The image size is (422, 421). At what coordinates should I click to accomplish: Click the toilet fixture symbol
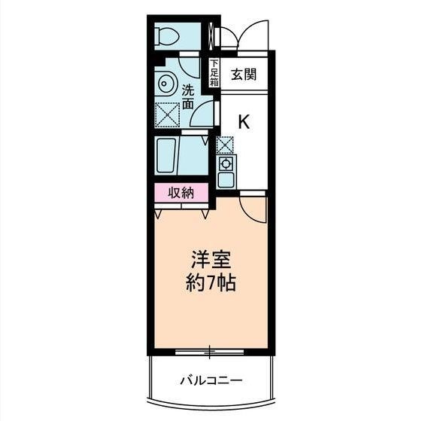tap(167, 37)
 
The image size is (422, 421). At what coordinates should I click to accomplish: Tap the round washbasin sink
tap(164, 84)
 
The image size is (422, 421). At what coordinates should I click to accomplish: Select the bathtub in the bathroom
tap(166, 155)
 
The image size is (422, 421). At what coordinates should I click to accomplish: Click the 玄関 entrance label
tap(244, 74)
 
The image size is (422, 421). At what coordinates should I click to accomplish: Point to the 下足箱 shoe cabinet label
tap(214, 73)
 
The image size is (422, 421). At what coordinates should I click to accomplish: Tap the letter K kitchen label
tap(244, 121)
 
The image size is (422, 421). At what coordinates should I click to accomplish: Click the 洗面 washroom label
tap(188, 96)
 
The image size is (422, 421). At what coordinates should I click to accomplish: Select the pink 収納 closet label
tap(181, 193)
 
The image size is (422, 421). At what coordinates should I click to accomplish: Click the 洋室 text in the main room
tap(211, 260)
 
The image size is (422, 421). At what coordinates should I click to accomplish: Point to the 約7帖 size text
tap(211, 282)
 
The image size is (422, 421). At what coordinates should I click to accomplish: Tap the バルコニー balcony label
tap(211, 380)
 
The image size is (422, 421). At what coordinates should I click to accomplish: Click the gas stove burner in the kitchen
tap(226, 163)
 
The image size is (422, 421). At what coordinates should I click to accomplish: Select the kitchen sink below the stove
tap(226, 179)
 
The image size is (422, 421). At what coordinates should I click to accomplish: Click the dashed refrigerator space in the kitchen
tap(225, 145)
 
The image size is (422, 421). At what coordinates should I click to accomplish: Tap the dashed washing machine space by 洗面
tap(167, 115)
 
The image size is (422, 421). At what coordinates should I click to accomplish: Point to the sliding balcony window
tap(209, 352)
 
